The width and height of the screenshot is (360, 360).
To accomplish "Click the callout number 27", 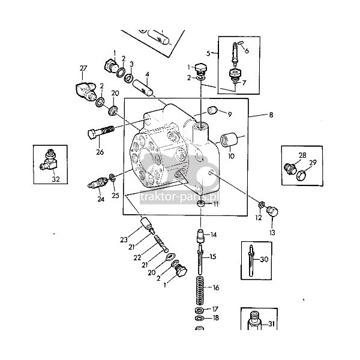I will coord(83,68).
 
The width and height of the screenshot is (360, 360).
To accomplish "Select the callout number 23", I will coord(124,240).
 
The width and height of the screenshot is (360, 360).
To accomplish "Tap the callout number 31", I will coord(272,325).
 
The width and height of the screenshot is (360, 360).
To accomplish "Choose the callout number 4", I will coord(147,74).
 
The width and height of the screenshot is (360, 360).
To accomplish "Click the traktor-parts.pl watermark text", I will coord(180,196).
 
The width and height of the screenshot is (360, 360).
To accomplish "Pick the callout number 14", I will coord(213,235).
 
